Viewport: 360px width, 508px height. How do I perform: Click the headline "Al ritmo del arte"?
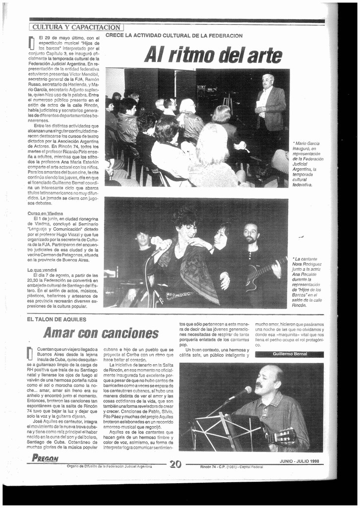(x=213, y=55)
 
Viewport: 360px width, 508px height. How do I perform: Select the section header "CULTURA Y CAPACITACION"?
(x=76, y=27)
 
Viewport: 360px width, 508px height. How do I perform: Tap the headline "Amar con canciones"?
(x=101, y=333)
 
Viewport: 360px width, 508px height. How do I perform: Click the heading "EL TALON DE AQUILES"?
(x=57, y=319)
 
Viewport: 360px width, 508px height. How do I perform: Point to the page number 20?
(x=175, y=464)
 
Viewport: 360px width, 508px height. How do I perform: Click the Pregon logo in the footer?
(x=45, y=458)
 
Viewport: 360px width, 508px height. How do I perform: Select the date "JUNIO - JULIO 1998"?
(x=299, y=461)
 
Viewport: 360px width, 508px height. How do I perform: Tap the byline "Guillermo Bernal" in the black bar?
(x=290, y=354)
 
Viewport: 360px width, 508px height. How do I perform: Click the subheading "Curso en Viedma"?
(x=45, y=213)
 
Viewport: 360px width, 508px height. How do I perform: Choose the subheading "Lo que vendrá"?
(x=42, y=270)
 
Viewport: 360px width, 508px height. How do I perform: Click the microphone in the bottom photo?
(x=240, y=392)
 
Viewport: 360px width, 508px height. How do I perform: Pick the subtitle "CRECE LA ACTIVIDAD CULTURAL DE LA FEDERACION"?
(x=174, y=36)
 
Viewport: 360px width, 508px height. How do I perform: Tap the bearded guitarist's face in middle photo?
(x=251, y=233)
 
